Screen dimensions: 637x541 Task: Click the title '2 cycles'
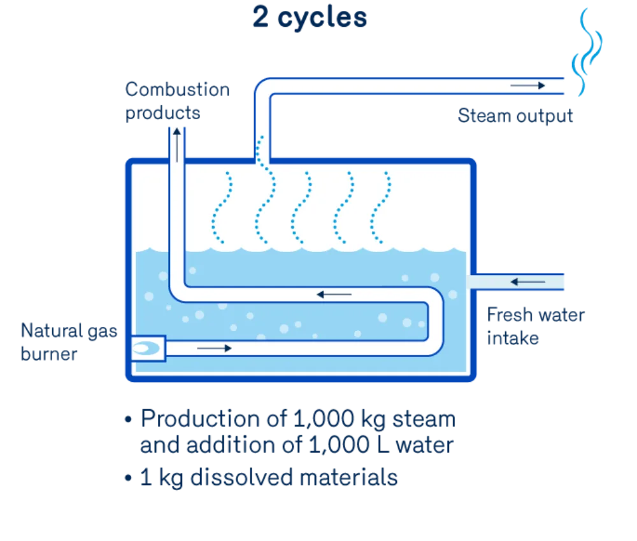(x=310, y=17)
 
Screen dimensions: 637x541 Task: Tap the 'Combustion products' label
(x=177, y=101)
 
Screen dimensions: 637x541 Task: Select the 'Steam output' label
(x=515, y=116)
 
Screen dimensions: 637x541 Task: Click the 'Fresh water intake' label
(x=536, y=327)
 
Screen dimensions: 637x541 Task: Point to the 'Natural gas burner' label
(x=69, y=342)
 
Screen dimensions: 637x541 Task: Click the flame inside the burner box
(x=146, y=348)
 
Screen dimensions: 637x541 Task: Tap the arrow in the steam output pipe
(x=527, y=86)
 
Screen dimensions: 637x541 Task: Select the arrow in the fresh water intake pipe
(x=527, y=282)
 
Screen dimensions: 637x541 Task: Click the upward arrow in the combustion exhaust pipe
(x=176, y=145)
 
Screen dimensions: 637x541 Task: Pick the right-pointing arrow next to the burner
(x=214, y=348)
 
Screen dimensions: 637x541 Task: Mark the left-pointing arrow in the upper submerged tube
(x=334, y=294)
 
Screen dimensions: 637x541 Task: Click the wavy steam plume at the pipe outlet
(x=587, y=52)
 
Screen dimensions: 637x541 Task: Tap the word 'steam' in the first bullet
(x=424, y=419)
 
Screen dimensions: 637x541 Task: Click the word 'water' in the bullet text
(x=424, y=446)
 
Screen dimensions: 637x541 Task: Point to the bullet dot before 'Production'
(x=129, y=419)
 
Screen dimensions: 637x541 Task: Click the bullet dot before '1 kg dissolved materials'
(x=129, y=478)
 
